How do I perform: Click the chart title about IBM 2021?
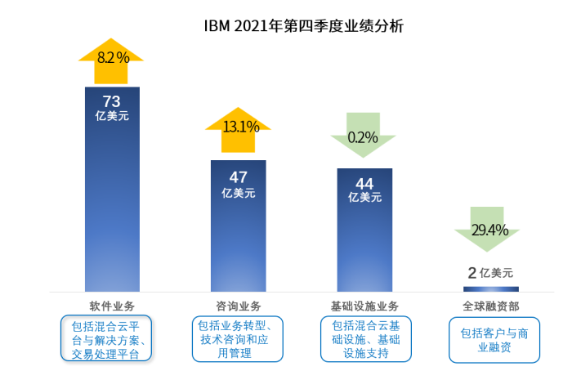tap(303, 26)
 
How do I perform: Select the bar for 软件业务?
tap(113, 190)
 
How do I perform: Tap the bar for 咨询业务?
tap(239, 226)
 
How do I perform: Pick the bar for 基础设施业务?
tap(364, 230)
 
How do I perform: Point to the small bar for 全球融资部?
tap(491, 289)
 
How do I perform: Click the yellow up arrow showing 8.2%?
tap(111, 61)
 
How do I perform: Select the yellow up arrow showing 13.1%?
tap(238, 130)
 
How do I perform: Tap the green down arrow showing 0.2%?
tap(363, 135)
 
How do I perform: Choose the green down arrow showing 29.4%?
tap(487, 229)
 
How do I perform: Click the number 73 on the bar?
tap(111, 101)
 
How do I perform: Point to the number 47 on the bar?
tap(239, 177)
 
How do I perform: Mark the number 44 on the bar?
tap(364, 184)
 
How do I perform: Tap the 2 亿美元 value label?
tap(490, 272)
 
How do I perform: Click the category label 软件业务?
tap(112, 306)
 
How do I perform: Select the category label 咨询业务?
tap(239, 306)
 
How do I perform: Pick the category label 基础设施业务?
tap(364, 306)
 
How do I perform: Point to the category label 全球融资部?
tap(490, 306)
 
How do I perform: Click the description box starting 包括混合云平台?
tap(106, 338)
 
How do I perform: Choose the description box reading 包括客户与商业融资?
tap(494, 340)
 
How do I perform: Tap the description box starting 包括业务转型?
tap(238, 339)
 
